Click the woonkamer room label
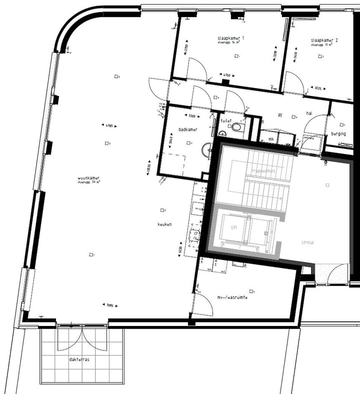(x=88, y=178)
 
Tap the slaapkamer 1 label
(x=230, y=38)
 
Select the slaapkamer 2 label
(x=324, y=40)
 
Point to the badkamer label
(x=188, y=129)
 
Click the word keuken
(x=164, y=224)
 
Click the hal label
(x=309, y=113)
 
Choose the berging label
(x=338, y=134)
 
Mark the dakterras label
(x=80, y=359)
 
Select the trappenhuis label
(x=263, y=170)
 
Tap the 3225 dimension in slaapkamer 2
(x=318, y=88)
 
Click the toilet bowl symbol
(x=236, y=127)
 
